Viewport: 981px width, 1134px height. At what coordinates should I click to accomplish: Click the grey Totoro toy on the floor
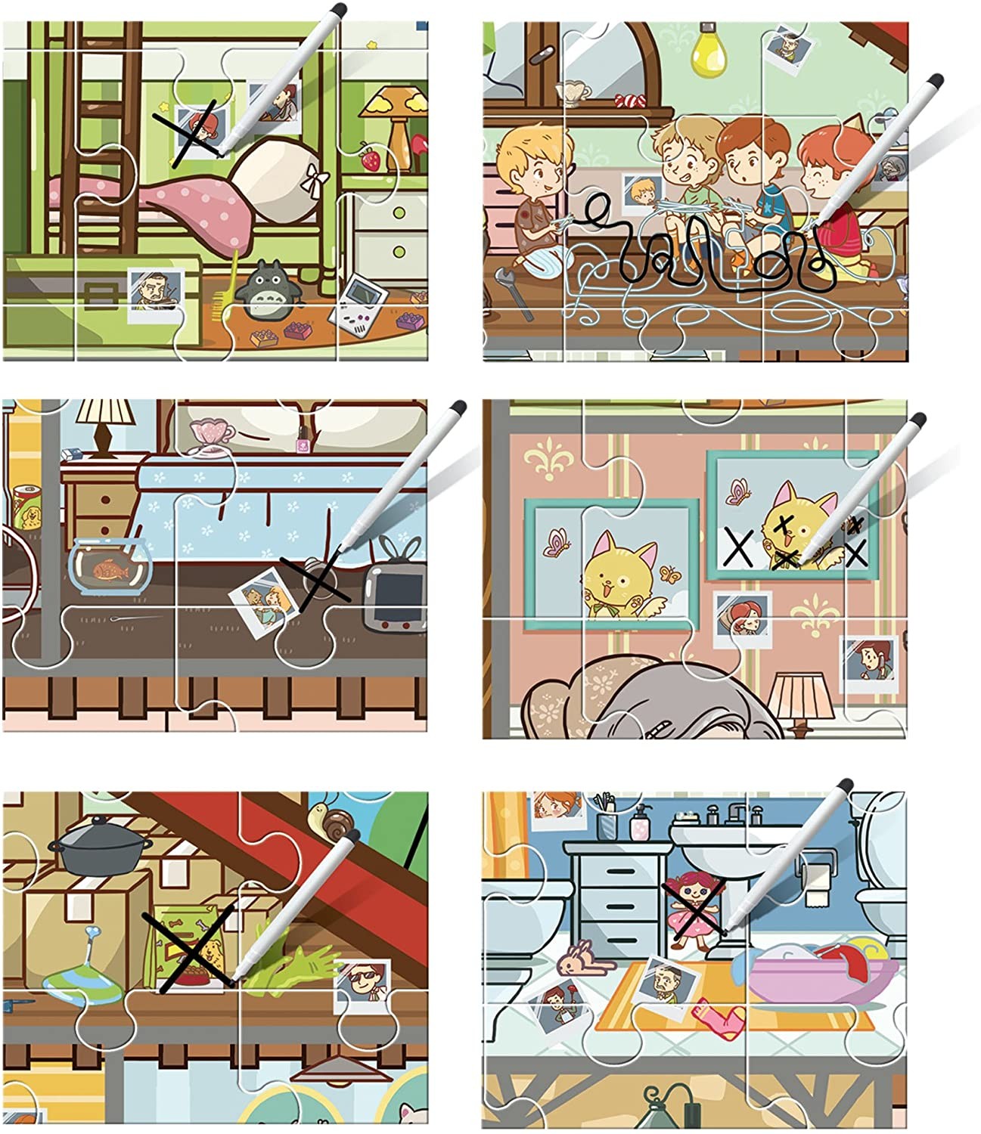coord(264,287)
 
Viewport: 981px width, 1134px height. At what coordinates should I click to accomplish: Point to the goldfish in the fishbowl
coord(110,569)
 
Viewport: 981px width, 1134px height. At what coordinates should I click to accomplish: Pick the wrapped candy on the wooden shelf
coord(627,101)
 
